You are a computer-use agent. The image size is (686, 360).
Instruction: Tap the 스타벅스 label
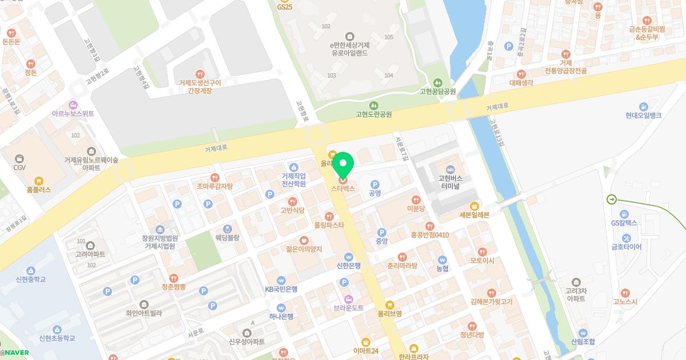(x=343, y=188)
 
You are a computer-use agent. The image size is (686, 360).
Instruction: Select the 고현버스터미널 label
(x=450, y=182)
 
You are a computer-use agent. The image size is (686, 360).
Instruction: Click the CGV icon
(x=20, y=158)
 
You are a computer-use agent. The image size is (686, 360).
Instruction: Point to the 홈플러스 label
(x=38, y=189)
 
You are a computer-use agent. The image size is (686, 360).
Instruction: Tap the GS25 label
(x=284, y=7)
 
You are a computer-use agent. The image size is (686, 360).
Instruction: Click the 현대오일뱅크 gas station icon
(x=643, y=106)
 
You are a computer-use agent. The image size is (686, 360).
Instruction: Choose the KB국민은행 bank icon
(x=281, y=281)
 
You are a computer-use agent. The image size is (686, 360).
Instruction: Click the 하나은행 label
(x=281, y=316)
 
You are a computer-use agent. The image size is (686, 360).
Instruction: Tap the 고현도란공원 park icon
(x=373, y=105)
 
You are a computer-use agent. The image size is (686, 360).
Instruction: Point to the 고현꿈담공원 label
(x=438, y=91)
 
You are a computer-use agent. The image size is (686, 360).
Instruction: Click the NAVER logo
(x=17, y=352)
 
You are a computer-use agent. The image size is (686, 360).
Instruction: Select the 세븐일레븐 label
(x=474, y=215)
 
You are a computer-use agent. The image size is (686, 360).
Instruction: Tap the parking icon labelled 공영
(x=375, y=185)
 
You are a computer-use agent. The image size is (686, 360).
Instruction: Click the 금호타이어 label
(x=626, y=247)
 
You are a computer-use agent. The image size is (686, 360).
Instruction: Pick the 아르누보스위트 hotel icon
(x=73, y=105)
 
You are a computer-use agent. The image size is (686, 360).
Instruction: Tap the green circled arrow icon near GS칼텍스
(x=612, y=199)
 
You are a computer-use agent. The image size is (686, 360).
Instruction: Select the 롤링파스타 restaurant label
(x=329, y=225)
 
